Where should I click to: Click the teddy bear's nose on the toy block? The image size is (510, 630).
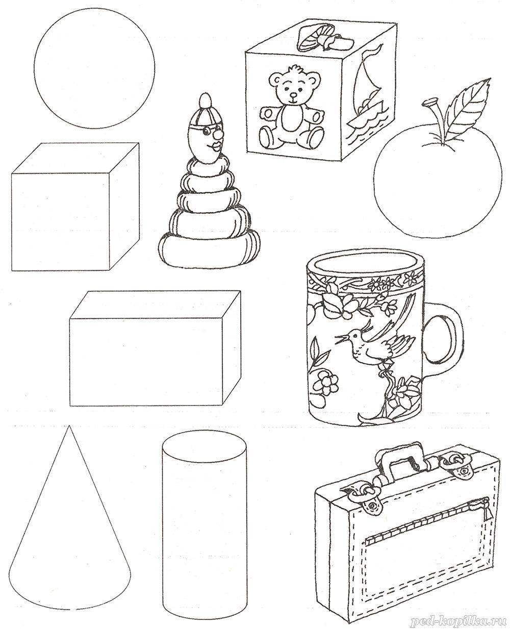coord(293,95)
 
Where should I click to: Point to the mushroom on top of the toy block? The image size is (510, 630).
coord(324,37)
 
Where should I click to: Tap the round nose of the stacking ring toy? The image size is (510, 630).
coord(217,135)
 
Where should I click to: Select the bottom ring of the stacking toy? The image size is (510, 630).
coord(209,249)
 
